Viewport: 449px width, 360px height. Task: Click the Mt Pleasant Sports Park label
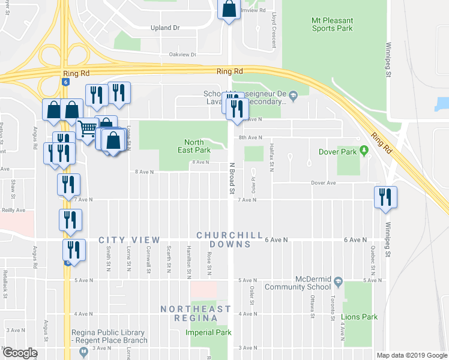[332, 24]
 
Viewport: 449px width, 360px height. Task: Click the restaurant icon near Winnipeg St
[384, 197]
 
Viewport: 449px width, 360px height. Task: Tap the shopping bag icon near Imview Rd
[229, 10]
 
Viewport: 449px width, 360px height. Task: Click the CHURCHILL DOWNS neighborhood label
[231, 239]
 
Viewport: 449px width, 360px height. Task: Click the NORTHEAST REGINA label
[195, 313]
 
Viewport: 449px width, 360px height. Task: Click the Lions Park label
[359, 317]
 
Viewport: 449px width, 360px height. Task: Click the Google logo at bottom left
[20, 353]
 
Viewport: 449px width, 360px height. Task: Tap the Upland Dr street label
[164, 28]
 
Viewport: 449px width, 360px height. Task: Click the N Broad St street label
[231, 178]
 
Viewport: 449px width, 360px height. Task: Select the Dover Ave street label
[323, 183]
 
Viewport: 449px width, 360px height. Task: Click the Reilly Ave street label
[13, 211]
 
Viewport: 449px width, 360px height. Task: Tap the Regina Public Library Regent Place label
[107, 337]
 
